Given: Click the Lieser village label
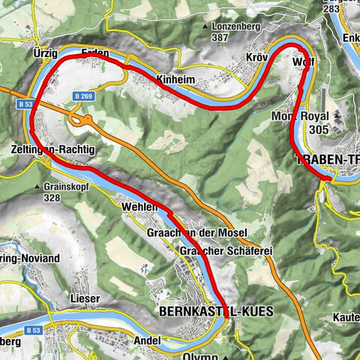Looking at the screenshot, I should [85, 298].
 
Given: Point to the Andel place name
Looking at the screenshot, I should [147, 340].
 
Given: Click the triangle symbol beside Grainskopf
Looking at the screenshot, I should [37, 187].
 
